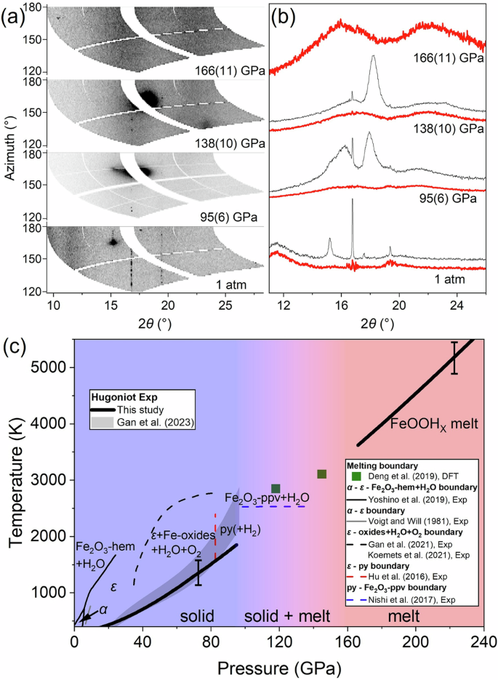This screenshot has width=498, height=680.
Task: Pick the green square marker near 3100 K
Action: (x=321, y=474)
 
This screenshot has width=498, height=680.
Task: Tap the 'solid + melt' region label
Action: (x=292, y=616)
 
